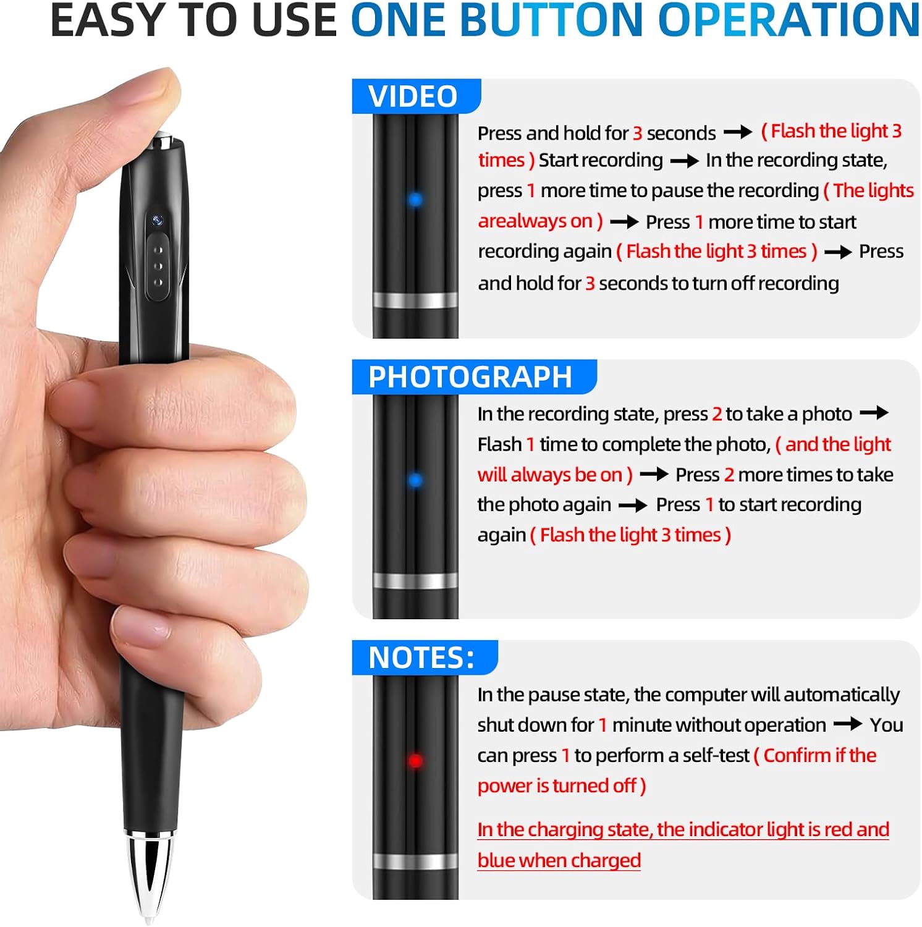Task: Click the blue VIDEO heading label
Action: pos(413,96)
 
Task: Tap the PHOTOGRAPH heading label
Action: pos(470,377)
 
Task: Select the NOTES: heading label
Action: pos(421,658)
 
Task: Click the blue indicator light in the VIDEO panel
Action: pos(415,200)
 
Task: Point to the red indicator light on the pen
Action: pos(415,761)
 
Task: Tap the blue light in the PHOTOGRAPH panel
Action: pos(415,480)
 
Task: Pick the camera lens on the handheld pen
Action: pos(158,220)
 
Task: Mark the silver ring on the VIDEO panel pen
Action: pos(415,300)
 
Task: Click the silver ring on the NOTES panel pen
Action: pos(415,861)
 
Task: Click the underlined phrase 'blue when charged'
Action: pos(559,860)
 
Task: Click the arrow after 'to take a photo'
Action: pos(874,413)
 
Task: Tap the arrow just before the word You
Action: pos(848,724)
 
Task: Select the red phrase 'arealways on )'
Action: pos(540,221)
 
